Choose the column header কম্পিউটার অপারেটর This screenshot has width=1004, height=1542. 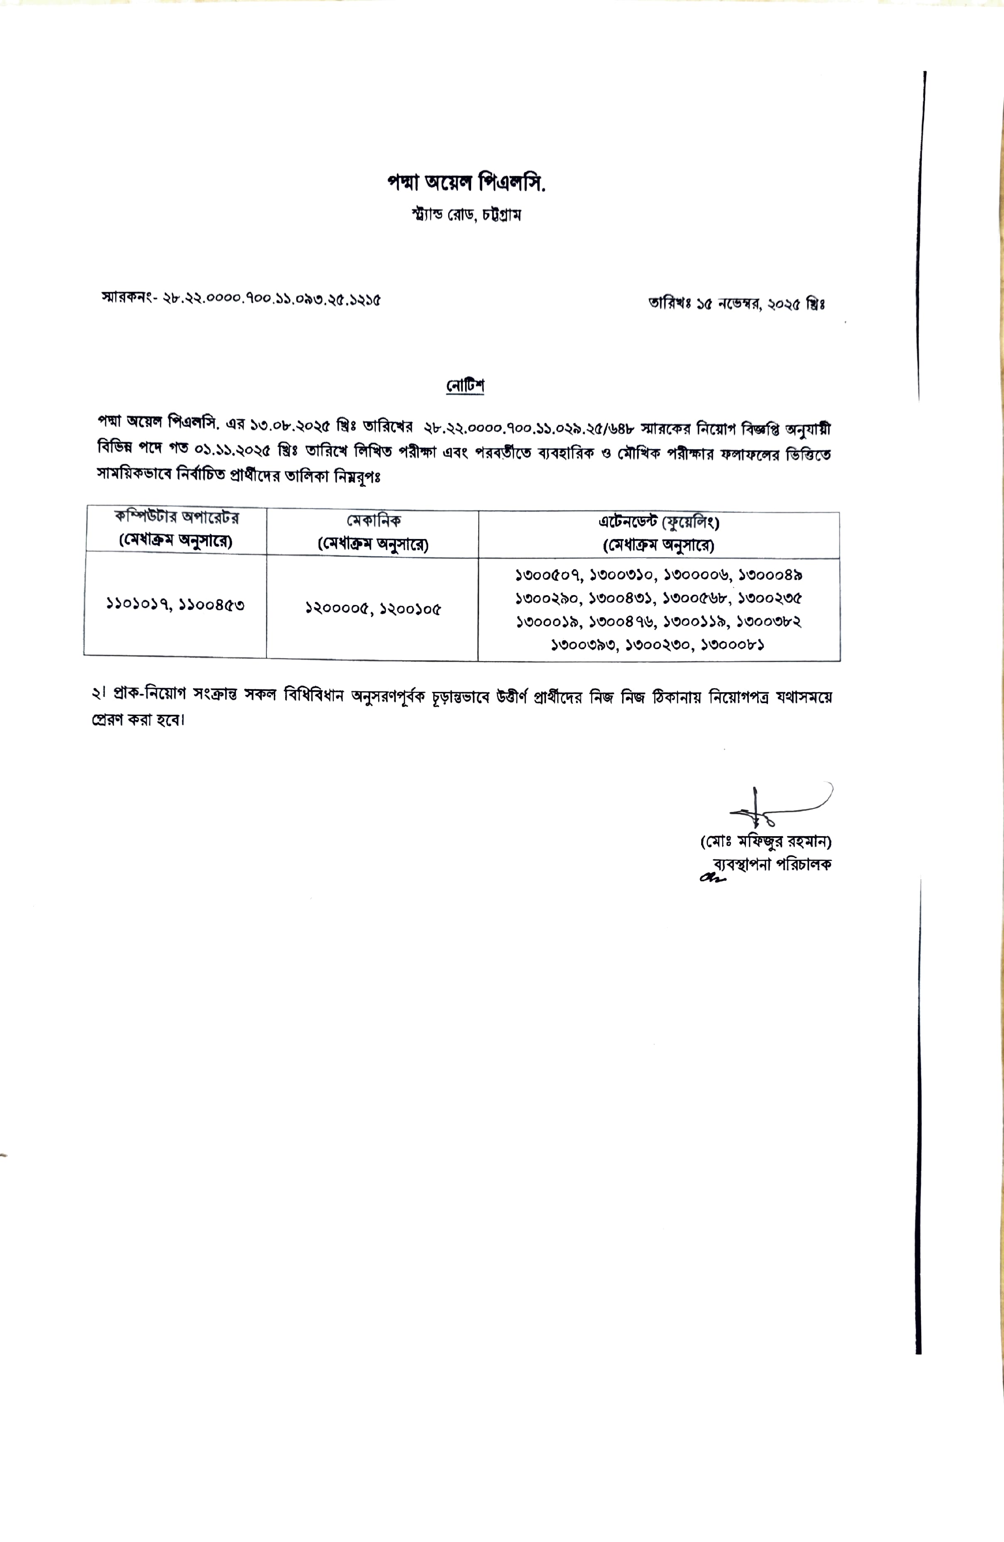tap(176, 518)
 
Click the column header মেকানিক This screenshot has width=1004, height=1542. tap(373, 520)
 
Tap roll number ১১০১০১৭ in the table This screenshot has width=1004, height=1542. tap(137, 604)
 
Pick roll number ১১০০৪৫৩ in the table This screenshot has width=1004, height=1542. tap(212, 605)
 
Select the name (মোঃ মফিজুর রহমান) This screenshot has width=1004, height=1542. tap(766, 842)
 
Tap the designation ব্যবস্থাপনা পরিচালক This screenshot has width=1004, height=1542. tap(772, 864)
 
